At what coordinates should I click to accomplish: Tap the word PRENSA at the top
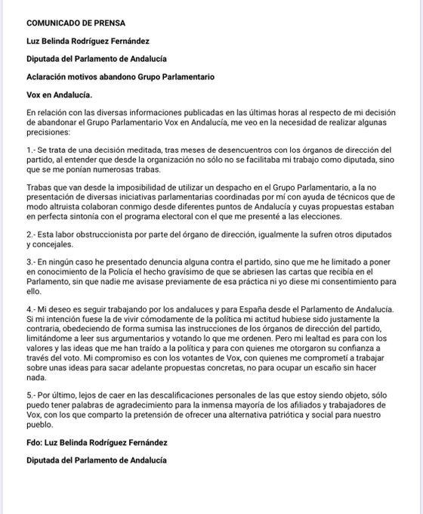(109, 23)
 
